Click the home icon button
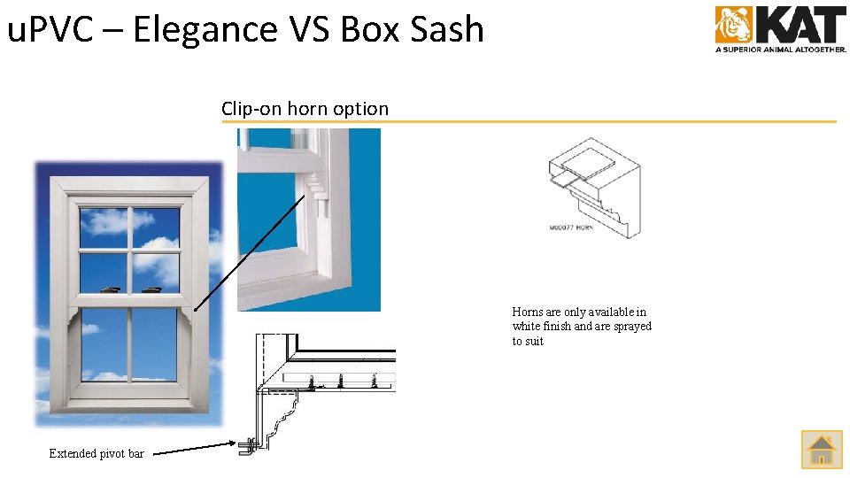click(x=822, y=449)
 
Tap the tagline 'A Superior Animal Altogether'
click(x=780, y=50)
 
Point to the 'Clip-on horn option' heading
click(x=305, y=109)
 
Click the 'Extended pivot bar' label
click(x=97, y=453)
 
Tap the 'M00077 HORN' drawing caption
click(x=571, y=228)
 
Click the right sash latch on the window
click(x=151, y=289)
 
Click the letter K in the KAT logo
click(x=772, y=25)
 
